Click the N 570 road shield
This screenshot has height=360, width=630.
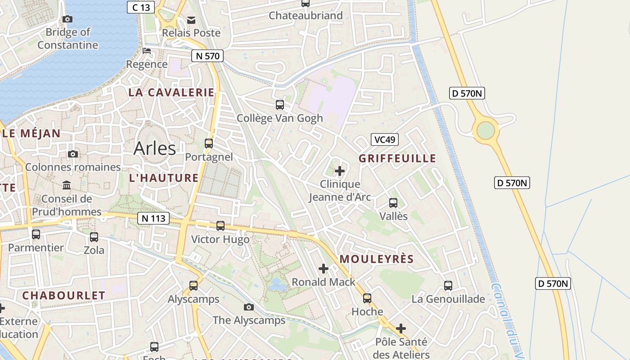click(207, 56)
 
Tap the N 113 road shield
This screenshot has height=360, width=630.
click(153, 218)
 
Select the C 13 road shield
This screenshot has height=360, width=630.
click(141, 7)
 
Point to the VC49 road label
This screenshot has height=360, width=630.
click(384, 139)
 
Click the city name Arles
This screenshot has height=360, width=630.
click(154, 148)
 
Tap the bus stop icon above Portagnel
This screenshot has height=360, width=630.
click(209, 144)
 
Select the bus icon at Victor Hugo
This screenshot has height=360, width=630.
click(220, 226)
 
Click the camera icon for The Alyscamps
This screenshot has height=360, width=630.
click(248, 307)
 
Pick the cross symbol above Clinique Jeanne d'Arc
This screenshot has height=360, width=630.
click(340, 171)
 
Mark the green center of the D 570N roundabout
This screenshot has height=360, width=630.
click(486, 131)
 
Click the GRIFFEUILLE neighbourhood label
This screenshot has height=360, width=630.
click(397, 158)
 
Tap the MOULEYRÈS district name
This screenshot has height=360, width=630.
click(377, 259)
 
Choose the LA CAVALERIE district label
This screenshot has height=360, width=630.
click(171, 93)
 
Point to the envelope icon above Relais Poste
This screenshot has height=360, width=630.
click(191, 20)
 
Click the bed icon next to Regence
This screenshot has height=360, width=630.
click(147, 50)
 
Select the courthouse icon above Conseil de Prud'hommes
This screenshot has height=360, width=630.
click(67, 185)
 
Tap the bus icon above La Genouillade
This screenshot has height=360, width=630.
click(448, 286)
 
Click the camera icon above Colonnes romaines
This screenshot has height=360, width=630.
click(73, 154)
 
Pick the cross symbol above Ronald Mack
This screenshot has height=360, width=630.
click(324, 269)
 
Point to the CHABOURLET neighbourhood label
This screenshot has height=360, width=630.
click(63, 296)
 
